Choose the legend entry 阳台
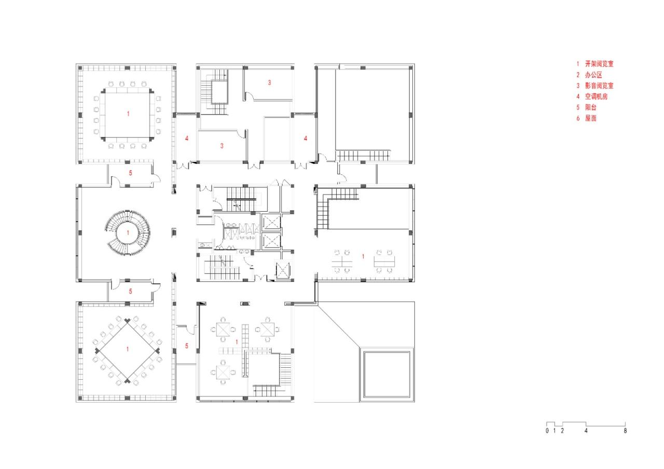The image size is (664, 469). (x=590, y=107)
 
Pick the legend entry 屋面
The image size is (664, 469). (x=590, y=118)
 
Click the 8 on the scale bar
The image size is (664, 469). (x=625, y=431)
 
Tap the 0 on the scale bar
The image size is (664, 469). (x=547, y=431)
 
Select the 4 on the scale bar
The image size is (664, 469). (x=586, y=431)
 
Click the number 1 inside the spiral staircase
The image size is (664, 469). (x=128, y=233)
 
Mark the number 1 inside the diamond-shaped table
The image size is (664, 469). (x=128, y=349)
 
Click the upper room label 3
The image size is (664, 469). (x=269, y=82)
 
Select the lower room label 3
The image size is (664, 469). (x=222, y=146)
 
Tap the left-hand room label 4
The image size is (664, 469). (x=187, y=138)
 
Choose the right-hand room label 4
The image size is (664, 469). (x=306, y=138)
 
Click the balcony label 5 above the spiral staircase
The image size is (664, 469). (x=131, y=173)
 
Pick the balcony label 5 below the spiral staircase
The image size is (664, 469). (x=131, y=291)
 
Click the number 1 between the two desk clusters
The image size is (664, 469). (x=363, y=256)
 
